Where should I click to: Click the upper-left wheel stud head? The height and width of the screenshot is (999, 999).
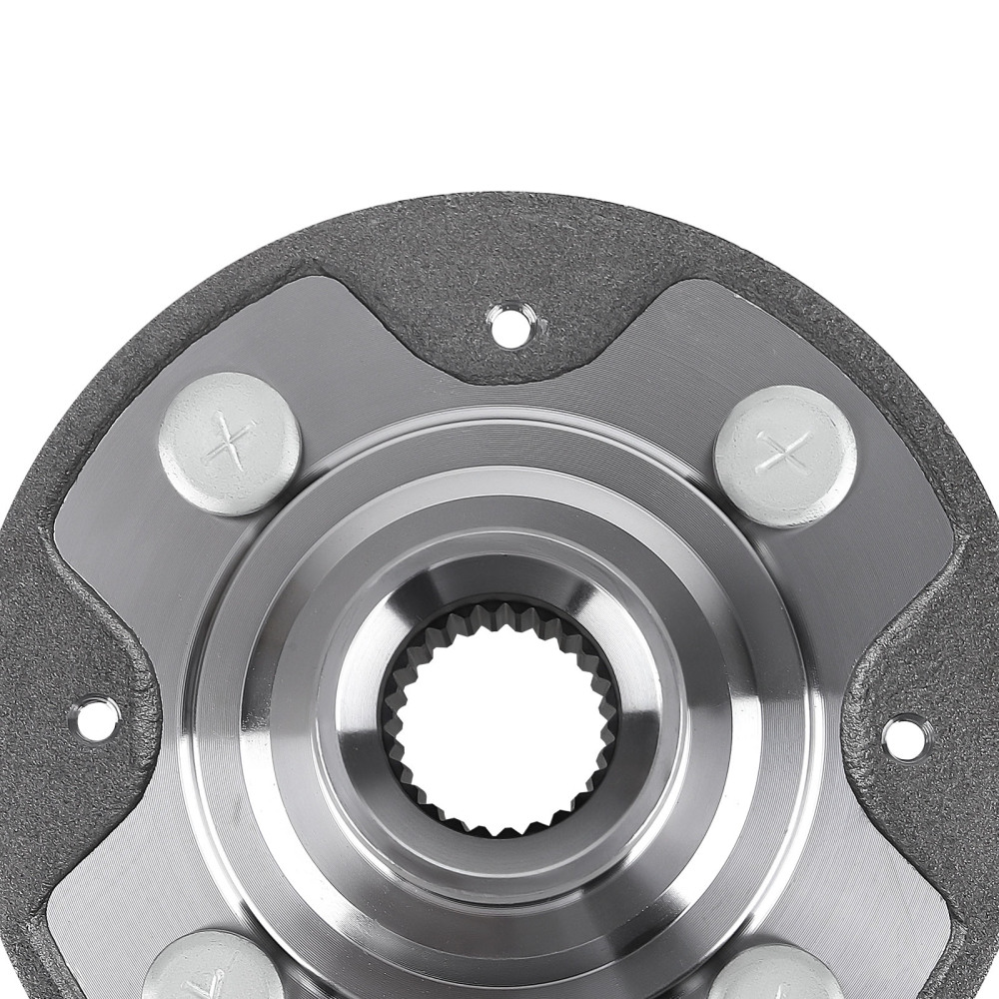[230, 443]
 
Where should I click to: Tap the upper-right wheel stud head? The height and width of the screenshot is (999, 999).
[786, 455]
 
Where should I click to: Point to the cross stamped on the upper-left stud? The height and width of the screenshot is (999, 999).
[229, 441]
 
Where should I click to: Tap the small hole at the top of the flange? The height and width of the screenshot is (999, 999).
[509, 326]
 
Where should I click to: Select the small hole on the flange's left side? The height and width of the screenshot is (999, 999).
[94, 718]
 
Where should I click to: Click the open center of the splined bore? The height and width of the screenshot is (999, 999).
[499, 720]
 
